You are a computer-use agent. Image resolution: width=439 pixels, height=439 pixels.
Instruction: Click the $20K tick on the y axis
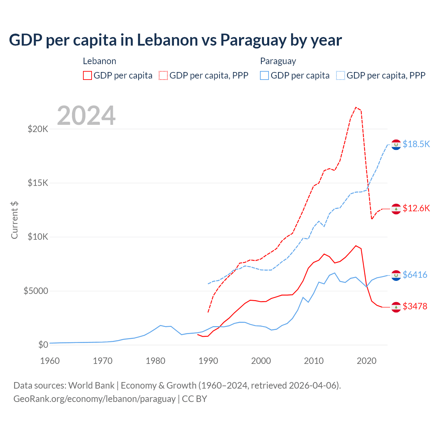click(38, 129)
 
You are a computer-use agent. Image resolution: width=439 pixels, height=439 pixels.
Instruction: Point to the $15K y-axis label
click(38, 183)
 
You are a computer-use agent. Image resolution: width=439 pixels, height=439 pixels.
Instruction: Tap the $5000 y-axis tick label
click(36, 291)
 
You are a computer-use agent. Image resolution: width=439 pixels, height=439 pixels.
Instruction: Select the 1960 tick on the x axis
click(50, 361)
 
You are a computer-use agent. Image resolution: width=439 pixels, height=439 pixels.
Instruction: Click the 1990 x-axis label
click(208, 361)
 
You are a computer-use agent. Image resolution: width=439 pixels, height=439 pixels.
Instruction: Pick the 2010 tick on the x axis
click(314, 361)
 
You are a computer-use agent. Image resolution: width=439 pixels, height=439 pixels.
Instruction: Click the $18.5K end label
click(416, 144)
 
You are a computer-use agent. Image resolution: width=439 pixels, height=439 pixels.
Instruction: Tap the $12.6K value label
click(416, 208)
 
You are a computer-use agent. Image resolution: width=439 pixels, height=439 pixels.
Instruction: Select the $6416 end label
click(415, 275)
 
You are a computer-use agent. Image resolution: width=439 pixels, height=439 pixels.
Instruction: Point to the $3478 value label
click(415, 306)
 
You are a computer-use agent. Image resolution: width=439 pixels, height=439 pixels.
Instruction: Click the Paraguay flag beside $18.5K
click(396, 145)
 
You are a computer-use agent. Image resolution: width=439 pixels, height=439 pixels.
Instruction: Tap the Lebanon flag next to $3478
click(396, 307)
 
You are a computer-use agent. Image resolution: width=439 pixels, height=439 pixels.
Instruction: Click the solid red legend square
click(87, 75)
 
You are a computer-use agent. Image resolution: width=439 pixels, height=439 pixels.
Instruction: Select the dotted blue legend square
click(341, 75)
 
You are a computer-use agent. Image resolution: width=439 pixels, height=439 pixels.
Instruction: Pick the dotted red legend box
click(163, 75)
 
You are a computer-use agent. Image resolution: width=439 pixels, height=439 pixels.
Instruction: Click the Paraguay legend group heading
click(278, 61)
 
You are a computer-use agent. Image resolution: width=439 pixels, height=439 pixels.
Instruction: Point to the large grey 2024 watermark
click(86, 116)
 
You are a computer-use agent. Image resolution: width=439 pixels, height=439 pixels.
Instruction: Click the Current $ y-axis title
click(14, 220)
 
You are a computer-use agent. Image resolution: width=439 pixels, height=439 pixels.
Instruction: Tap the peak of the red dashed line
click(356, 107)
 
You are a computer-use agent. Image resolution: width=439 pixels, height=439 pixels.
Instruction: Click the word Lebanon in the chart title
click(168, 40)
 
